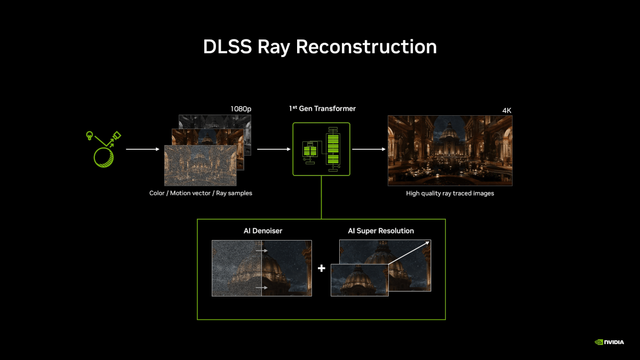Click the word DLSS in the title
pyautogui.click(x=227, y=46)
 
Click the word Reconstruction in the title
pyautogui.click(x=366, y=46)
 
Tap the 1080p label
pyautogui.click(x=241, y=109)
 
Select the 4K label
pyautogui.click(x=507, y=110)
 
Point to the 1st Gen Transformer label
pyautogui.click(x=322, y=109)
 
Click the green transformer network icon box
pyautogui.click(x=321, y=149)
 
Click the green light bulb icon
pyautogui.click(x=90, y=135)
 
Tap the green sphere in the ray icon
pyautogui.click(x=103, y=157)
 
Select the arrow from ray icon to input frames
pyautogui.click(x=142, y=149)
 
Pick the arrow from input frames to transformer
pyautogui.click(x=274, y=149)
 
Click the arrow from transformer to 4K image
pyautogui.click(x=369, y=149)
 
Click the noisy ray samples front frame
pyautogui.click(x=201, y=165)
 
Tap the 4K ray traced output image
pyautogui.click(x=450, y=150)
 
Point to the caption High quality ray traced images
pyautogui.click(x=450, y=194)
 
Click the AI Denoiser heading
pyautogui.click(x=263, y=231)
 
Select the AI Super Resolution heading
pyautogui.click(x=381, y=231)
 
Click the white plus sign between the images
pyautogui.click(x=322, y=268)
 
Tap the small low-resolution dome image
pyautogui.click(x=359, y=280)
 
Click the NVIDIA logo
pyautogui.click(x=609, y=342)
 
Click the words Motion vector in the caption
pyautogui.click(x=190, y=193)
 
